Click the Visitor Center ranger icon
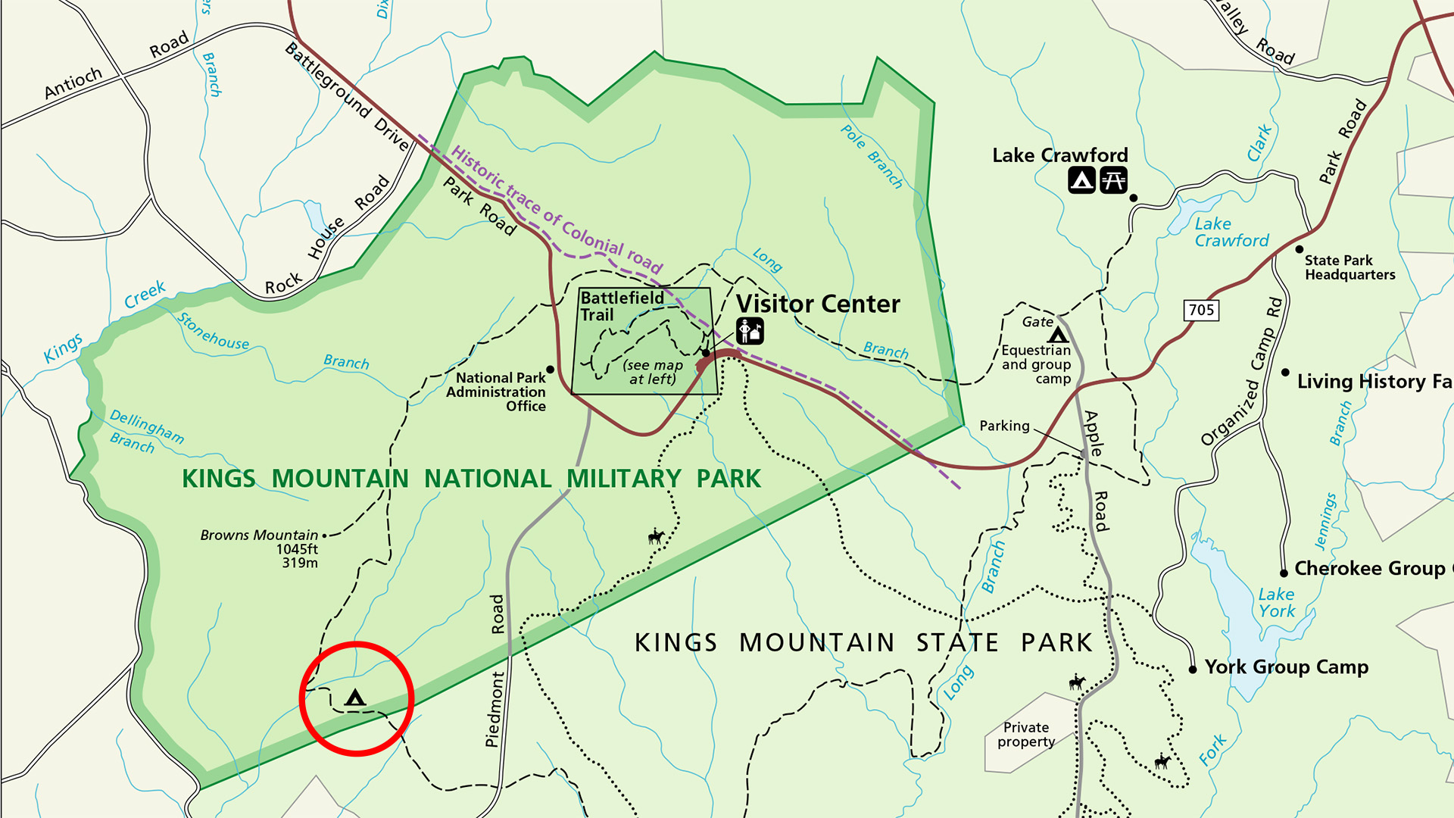pyautogui.click(x=750, y=331)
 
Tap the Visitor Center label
pyautogui.click(x=818, y=304)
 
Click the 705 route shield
pyautogui.click(x=1201, y=310)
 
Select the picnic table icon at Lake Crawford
pyautogui.click(x=1113, y=180)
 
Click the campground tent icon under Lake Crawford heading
pyautogui.click(x=1081, y=180)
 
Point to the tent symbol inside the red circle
pyautogui.click(x=354, y=698)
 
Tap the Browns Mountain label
pyautogui.click(x=259, y=535)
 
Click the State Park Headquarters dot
pyautogui.click(x=1300, y=249)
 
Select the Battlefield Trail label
pyautogui.click(x=621, y=306)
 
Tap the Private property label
pyautogui.click(x=1026, y=735)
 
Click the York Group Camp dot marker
pyautogui.click(x=1193, y=670)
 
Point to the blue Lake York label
pyautogui.click(x=1277, y=603)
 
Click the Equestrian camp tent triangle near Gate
pyautogui.click(x=1058, y=336)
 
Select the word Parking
pyautogui.click(x=1004, y=426)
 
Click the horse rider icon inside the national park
pyautogui.click(x=656, y=538)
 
